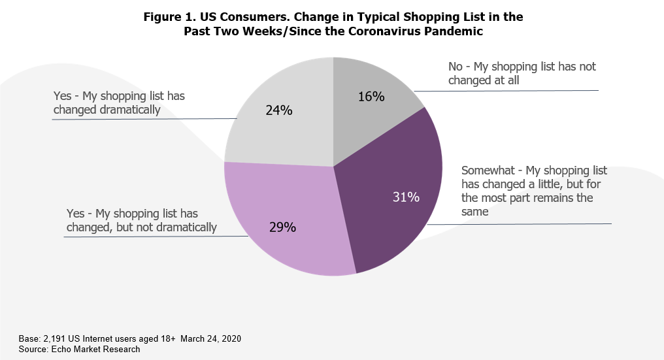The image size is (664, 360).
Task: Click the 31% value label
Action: point(406,197)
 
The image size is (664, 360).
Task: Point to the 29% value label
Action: point(283,227)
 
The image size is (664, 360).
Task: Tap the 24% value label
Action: point(279,110)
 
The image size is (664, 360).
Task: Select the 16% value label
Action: point(371,97)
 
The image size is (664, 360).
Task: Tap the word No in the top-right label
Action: point(456,67)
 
